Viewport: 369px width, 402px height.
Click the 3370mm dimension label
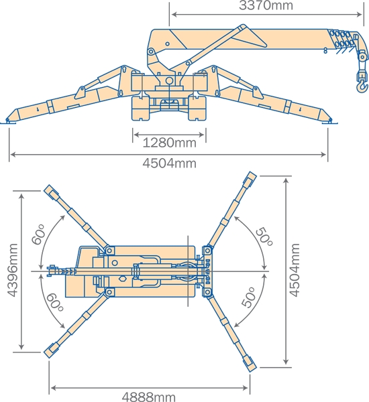(x=266, y=5)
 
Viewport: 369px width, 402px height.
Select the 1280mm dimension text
(x=169, y=143)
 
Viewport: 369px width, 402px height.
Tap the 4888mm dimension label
(x=149, y=397)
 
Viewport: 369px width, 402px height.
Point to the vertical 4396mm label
(x=13, y=270)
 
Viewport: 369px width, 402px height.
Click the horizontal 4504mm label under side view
(x=170, y=163)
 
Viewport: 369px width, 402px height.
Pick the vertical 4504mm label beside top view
(x=295, y=270)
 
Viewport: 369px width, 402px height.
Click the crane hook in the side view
(x=362, y=82)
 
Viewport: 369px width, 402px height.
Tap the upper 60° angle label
(x=38, y=234)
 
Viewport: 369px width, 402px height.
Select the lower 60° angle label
(x=54, y=301)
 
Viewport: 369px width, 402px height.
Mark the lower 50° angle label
(x=249, y=297)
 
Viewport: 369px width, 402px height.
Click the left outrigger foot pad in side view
(x=8, y=121)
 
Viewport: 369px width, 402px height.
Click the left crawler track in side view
(x=141, y=108)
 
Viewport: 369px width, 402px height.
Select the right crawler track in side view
(x=197, y=108)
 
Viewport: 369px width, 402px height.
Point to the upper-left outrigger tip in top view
(x=51, y=191)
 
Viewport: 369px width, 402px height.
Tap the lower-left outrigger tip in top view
(x=51, y=350)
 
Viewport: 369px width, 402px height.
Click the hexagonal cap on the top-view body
(x=123, y=279)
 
